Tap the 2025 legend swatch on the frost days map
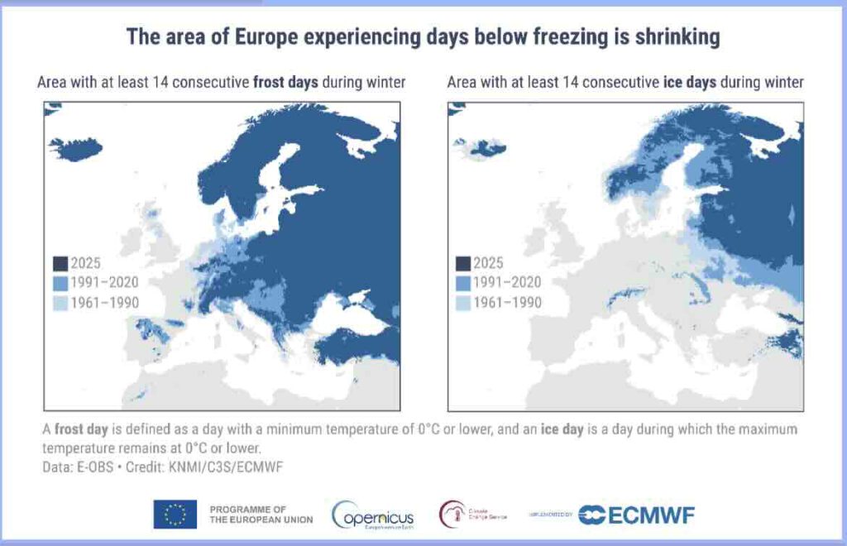point(60,264)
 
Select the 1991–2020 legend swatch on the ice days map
point(463,283)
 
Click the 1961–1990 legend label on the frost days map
point(106,303)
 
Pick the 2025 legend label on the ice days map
point(488,264)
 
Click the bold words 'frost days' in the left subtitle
point(285,83)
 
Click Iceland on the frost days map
point(75,149)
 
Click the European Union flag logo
point(175,514)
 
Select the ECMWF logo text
point(650,515)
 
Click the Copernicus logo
point(373,515)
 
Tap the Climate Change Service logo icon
point(452,514)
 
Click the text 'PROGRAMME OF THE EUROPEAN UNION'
point(261,514)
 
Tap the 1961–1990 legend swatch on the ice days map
point(463,303)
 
